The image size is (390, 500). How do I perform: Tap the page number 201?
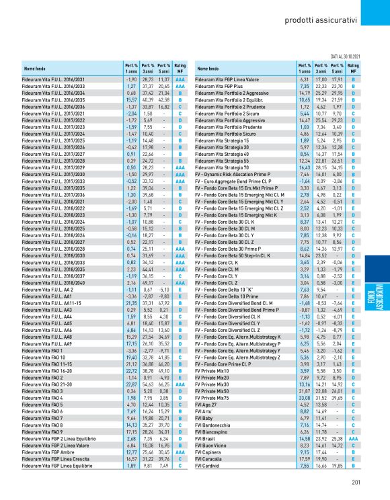coord(357,479)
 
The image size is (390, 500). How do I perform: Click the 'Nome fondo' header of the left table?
coord(36,69)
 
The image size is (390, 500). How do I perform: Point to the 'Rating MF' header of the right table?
coord(354,69)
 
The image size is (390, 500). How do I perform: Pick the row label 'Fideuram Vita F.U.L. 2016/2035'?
coord(54,99)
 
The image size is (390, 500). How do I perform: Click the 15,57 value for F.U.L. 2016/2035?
coord(131,99)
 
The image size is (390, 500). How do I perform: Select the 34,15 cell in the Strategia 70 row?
coord(338,167)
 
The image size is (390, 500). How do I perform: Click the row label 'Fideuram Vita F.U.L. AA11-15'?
coord(52,284)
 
